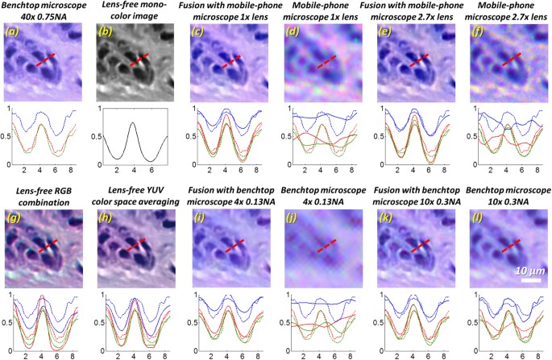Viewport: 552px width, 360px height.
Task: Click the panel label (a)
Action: click(x=15, y=33)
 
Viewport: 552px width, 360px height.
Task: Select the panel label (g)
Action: click(x=15, y=213)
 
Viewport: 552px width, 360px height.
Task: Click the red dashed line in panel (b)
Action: click(x=139, y=61)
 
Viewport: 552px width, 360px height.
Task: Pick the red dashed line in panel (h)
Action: click(x=139, y=242)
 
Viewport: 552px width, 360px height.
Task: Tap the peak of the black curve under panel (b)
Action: click(x=134, y=122)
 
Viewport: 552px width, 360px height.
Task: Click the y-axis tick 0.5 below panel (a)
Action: click(x=6, y=136)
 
